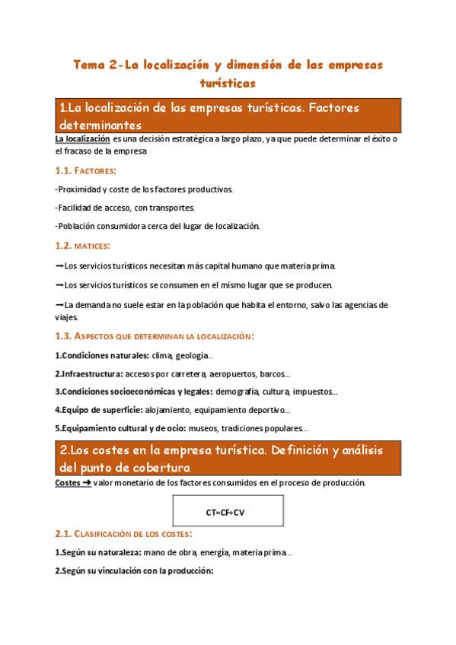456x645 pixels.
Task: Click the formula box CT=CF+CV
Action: coord(228,512)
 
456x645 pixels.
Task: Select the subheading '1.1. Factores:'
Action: coord(86,170)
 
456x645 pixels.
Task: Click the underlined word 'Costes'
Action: coord(68,483)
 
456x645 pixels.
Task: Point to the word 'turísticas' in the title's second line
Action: coord(228,82)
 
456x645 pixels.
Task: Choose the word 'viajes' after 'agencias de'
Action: coord(66,318)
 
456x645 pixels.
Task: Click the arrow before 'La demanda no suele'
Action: coord(59,305)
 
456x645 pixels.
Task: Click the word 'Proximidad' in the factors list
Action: coord(79,189)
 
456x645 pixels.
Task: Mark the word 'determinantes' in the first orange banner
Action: coord(100,124)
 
